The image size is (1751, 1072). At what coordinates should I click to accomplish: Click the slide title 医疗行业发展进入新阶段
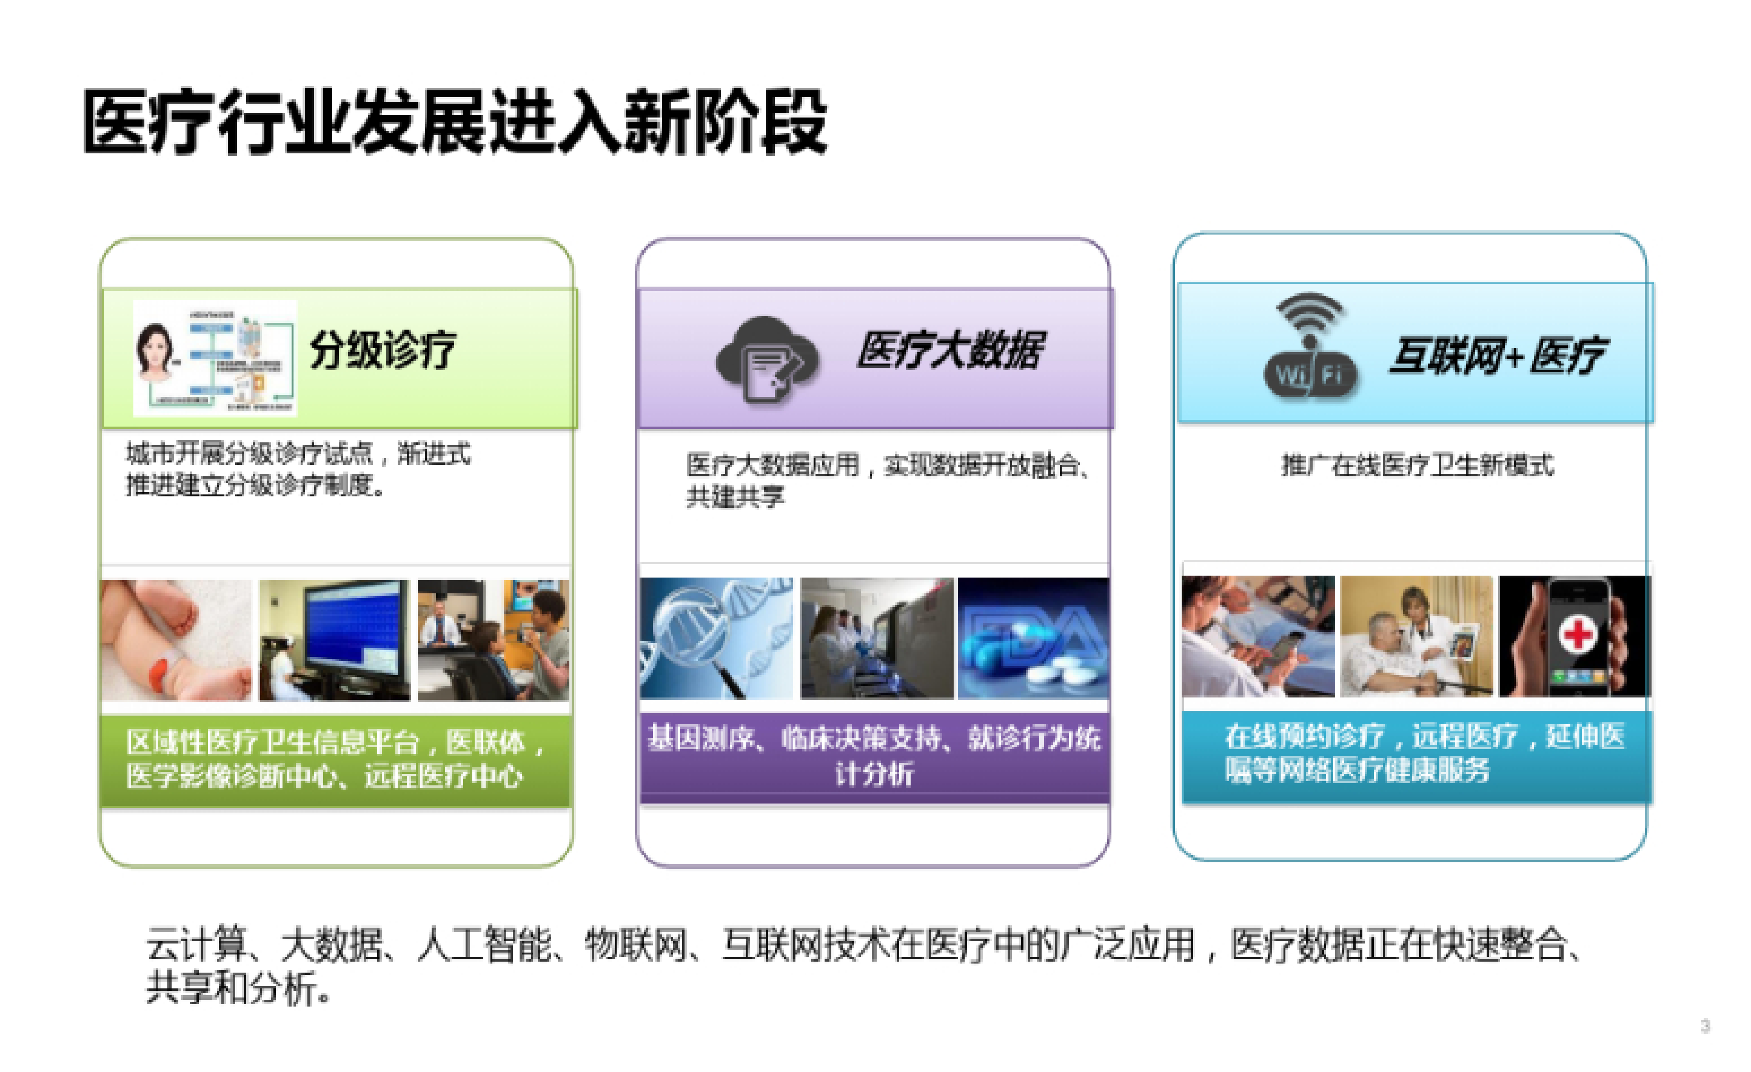pos(455,122)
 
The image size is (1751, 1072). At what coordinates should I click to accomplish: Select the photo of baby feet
pos(176,639)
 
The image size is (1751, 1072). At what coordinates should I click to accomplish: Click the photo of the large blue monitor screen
pos(335,639)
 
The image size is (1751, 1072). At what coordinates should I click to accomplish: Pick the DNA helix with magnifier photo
pos(716,638)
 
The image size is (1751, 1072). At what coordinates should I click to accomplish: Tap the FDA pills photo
pos(1033,638)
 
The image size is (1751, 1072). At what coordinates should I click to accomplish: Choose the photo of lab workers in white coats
pos(876,638)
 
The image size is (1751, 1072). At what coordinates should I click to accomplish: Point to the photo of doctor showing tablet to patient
pos(1416,636)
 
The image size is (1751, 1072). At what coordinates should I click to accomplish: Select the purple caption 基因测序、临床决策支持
pos(874,739)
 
